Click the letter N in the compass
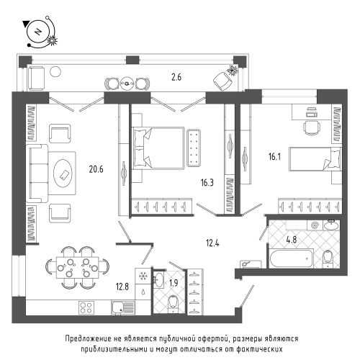click(37, 32)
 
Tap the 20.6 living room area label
click(96, 169)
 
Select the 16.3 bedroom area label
click(207, 183)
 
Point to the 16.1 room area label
click(274, 157)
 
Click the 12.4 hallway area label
click(212, 243)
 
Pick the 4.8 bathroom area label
click(292, 240)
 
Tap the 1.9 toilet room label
click(174, 283)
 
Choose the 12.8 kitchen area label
click(122, 287)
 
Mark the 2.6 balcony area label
click(176, 77)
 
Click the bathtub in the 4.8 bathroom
click(292, 258)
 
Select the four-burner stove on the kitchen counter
click(86, 307)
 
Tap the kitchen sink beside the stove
click(123, 307)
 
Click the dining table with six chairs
click(77, 268)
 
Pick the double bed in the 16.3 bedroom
click(158, 148)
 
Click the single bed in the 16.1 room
click(315, 159)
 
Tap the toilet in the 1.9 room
click(173, 303)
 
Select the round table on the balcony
click(127, 84)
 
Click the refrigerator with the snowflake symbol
click(143, 276)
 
